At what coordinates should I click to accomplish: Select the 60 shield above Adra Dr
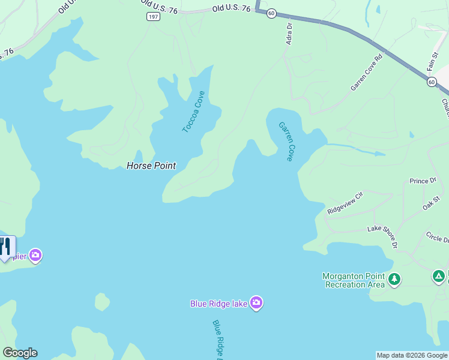[271, 13]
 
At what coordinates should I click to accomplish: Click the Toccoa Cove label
[194, 112]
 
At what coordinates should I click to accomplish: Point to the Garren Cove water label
[286, 142]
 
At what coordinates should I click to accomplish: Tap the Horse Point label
[151, 166]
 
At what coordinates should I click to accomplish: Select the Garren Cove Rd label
[366, 74]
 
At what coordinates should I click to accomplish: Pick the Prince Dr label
[423, 181]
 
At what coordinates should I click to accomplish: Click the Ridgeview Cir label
[345, 203]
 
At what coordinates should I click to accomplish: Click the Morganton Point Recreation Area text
[354, 280]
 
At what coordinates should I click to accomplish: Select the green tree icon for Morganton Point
[394, 279]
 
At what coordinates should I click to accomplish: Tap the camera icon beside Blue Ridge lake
[257, 303]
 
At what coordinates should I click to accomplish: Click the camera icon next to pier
[35, 256]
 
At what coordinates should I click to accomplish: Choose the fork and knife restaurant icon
[5, 247]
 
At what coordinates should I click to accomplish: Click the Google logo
[20, 353]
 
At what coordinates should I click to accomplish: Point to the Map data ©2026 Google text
[412, 355]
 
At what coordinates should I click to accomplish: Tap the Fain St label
[432, 62]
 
